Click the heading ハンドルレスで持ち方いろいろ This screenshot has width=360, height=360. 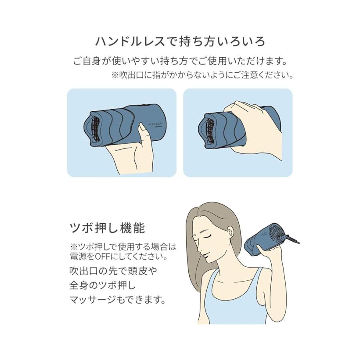coord(180,42)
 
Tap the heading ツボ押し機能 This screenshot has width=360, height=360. coord(107,228)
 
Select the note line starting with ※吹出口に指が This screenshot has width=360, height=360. coord(202,75)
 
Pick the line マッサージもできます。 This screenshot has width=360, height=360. coord(117,300)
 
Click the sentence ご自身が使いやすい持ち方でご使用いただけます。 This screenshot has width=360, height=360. coord(180,61)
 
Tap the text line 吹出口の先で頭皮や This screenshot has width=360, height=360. coord(113,271)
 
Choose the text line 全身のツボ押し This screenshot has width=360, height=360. coord(103,285)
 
